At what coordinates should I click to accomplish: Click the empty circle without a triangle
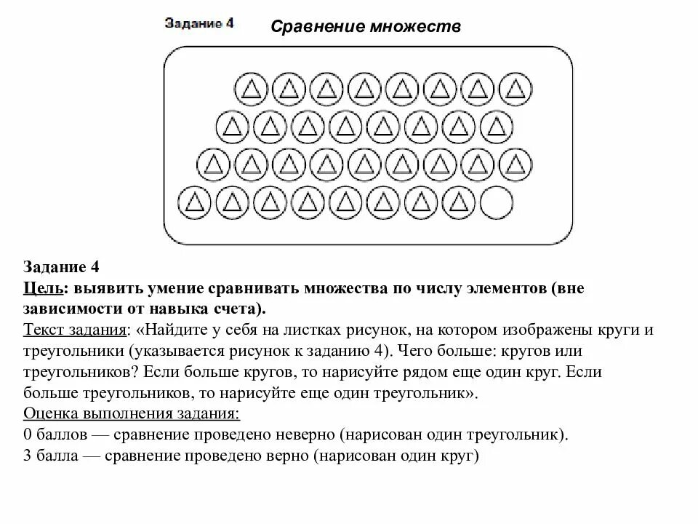[x=497, y=202]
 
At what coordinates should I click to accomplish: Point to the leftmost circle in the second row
[x=232, y=127]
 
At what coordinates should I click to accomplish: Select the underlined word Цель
[x=42, y=288]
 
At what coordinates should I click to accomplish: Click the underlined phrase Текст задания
[x=76, y=330]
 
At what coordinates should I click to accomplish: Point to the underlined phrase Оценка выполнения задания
[x=131, y=414]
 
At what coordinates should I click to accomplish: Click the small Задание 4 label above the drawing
[x=199, y=23]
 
